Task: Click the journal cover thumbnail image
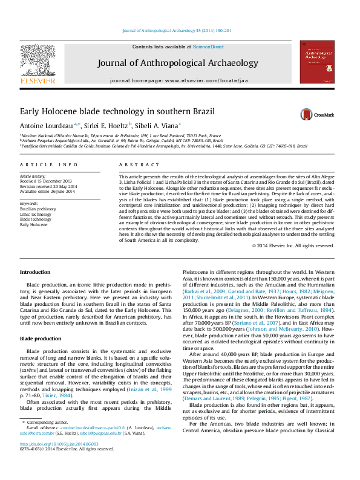317,66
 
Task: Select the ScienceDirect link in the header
208,47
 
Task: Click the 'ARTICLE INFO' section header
49,164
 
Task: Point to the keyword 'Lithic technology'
36,214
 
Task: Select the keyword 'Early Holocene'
33,224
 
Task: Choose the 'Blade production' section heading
41,339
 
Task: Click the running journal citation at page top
177,30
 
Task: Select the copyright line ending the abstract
292,246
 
